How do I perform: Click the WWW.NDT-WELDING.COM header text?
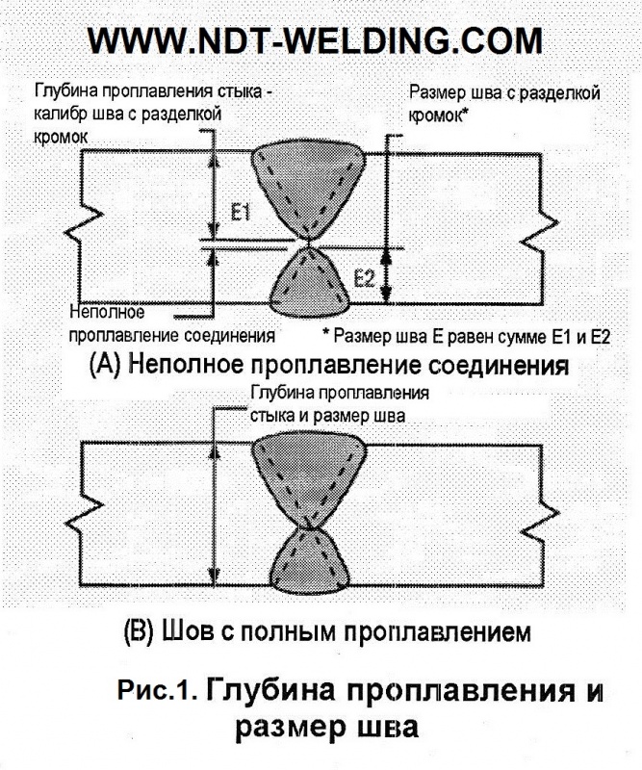point(315,40)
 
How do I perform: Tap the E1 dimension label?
point(241,213)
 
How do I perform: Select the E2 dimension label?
point(365,279)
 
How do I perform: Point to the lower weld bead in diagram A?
point(310,284)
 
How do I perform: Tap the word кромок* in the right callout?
point(437,115)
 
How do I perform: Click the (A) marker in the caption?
point(105,366)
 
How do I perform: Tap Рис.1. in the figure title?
point(157,690)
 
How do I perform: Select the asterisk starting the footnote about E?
point(325,331)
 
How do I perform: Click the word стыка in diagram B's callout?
point(272,417)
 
